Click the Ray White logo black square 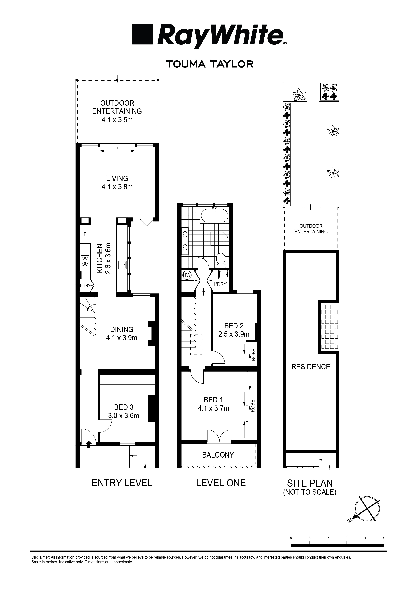tap(142, 34)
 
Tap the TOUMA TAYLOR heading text tap(210, 64)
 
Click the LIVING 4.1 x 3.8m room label tap(117, 182)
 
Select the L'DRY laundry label tap(220, 284)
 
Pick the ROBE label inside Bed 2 tap(254, 355)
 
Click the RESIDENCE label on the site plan tap(311, 367)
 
